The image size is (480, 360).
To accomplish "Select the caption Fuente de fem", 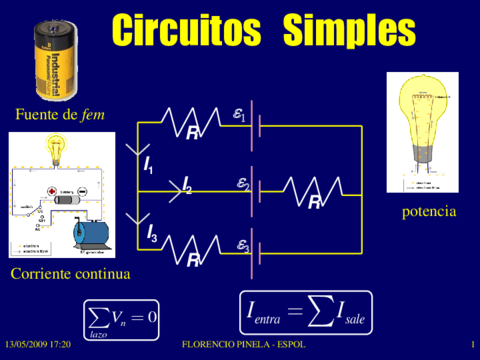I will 60,115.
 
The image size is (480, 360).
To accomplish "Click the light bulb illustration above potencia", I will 428,135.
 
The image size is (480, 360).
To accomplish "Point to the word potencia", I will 429,212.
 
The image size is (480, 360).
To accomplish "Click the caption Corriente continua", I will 70,273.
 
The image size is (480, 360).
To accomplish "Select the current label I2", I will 186,186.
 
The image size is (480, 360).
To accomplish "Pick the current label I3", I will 152,234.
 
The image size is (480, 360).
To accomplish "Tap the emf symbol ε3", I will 243,244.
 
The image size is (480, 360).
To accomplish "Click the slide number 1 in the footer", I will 470,344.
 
